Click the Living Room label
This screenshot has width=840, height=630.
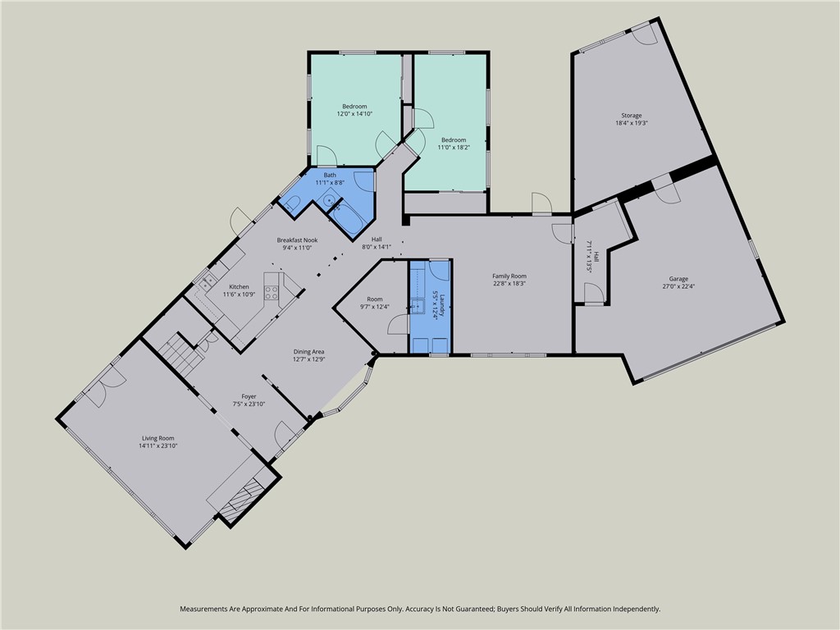tap(158, 439)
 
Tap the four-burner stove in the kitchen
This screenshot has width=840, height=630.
tap(271, 290)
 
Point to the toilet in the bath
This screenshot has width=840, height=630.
tap(294, 203)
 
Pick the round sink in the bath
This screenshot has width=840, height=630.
tap(329, 199)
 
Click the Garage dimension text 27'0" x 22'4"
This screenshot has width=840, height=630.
tap(678, 286)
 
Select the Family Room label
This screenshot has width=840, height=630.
tap(509, 276)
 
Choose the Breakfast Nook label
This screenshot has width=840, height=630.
tap(297, 240)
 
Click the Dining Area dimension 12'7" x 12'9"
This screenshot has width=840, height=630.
tap(315, 358)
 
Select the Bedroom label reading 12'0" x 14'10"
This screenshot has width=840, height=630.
tap(354, 114)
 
